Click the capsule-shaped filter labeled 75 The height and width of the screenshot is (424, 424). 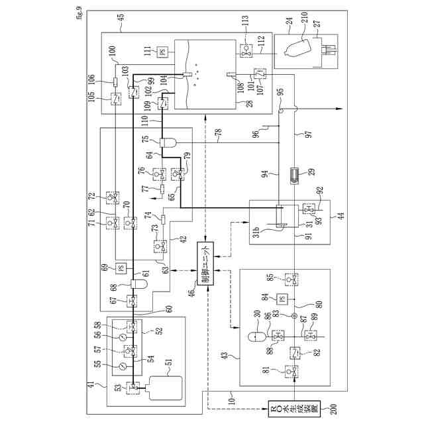coord(166,142)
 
